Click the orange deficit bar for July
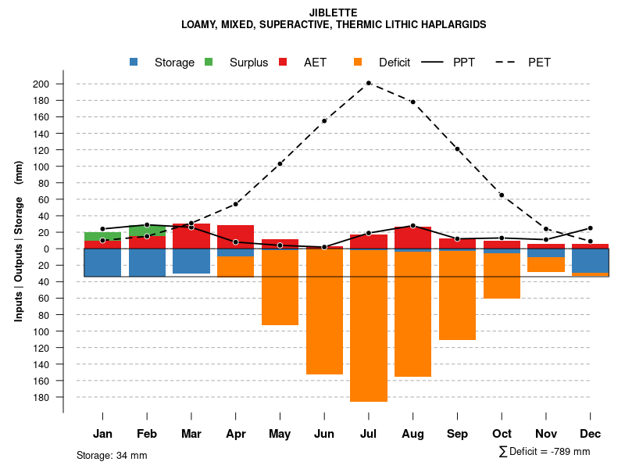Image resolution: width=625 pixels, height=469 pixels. pos(369,325)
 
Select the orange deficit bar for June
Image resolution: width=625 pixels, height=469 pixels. pos(324,313)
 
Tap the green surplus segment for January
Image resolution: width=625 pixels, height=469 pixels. pos(102,236)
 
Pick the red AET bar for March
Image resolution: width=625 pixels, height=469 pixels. pos(191,236)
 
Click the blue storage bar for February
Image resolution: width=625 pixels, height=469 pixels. pos(147,263)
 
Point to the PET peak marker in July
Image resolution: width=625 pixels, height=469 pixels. pos(369,83)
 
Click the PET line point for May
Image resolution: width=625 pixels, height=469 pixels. pos(280,163)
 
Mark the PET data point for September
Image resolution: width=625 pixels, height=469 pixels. pos(457,149)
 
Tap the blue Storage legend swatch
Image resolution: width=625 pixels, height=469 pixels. pos(135,63)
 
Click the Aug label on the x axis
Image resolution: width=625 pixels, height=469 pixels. pos(412,434)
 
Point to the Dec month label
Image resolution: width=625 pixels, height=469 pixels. pos(590,434)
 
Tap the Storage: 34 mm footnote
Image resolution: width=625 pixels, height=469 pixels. pos(112,455)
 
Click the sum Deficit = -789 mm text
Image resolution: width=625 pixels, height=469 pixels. pos(545,452)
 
